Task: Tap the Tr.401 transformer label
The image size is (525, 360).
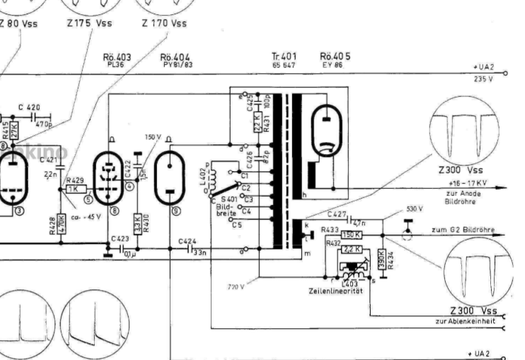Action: [283, 57]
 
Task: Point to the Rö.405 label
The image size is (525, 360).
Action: [335, 57]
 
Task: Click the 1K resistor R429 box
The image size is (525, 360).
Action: [74, 189]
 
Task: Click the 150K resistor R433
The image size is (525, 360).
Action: [352, 235]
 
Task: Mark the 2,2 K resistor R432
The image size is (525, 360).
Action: [352, 250]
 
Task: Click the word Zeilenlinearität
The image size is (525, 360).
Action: [336, 291]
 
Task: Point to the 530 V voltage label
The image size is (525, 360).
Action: [415, 209]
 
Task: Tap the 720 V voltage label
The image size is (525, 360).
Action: [236, 286]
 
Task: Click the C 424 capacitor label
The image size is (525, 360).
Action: [187, 240]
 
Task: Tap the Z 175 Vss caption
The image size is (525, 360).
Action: [89, 23]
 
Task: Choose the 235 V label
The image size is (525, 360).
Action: [483, 80]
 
